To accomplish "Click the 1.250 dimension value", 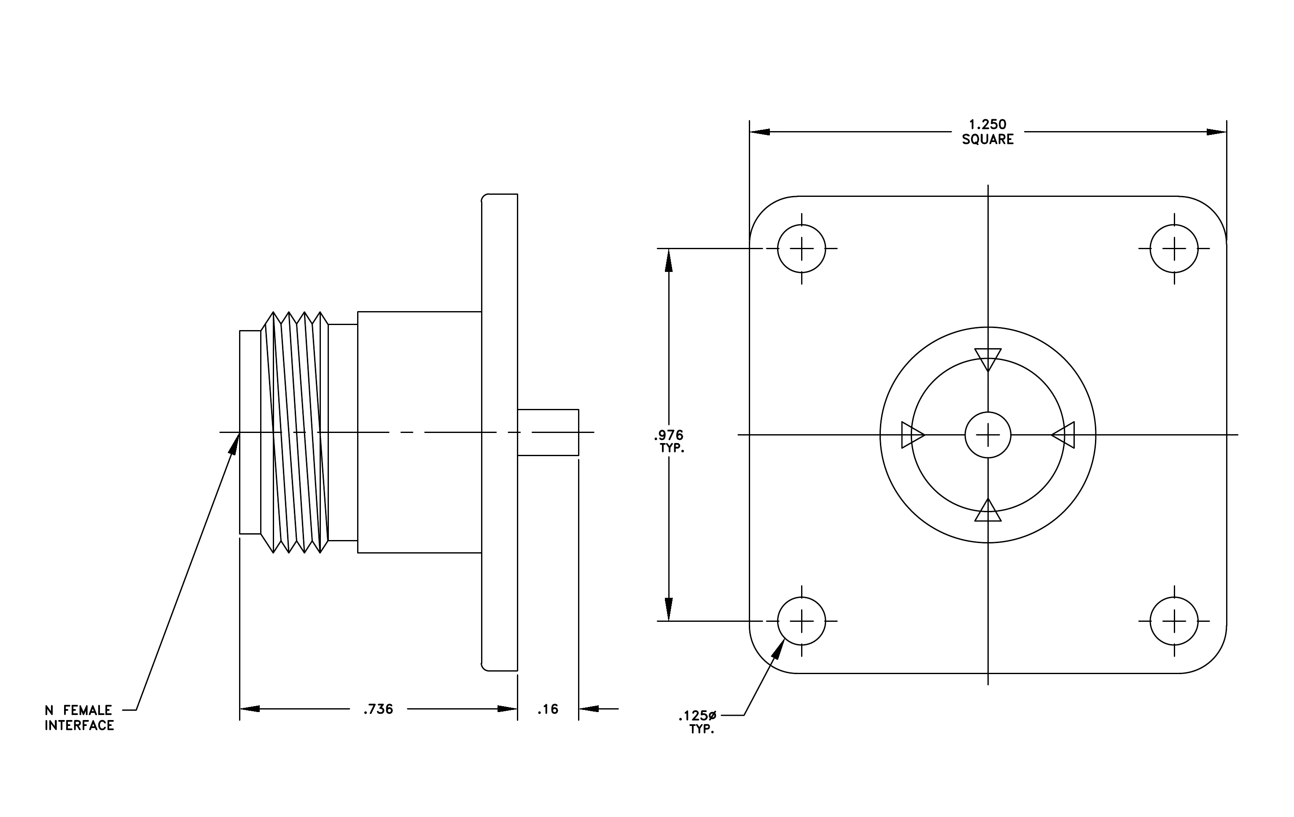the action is [988, 125].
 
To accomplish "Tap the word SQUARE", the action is [988, 140].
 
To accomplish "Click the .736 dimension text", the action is [378, 709].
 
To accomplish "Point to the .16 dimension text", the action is [548, 709].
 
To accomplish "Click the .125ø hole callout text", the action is [697, 716].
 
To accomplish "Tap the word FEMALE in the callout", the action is [88, 711].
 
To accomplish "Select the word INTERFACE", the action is [80, 726].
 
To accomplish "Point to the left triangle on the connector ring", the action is [912, 435].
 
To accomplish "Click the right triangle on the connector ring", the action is [1063, 435].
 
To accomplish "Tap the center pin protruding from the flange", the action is [548, 433].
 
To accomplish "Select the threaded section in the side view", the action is [294, 433].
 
